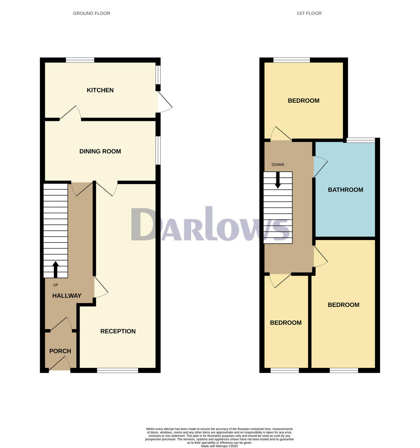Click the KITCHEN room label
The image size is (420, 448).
point(100,90)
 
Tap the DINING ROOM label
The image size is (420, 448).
point(100,151)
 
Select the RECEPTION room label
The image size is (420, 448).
point(118,331)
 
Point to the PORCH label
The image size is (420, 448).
point(60,351)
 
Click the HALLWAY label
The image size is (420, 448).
point(67,296)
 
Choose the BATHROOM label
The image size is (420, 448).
point(345,190)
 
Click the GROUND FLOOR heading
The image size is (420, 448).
point(91,13)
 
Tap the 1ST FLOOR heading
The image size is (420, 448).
point(309,13)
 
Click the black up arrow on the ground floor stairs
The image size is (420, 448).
point(56,269)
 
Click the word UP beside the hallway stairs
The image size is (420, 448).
point(56,285)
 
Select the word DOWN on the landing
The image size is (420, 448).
point(278,165)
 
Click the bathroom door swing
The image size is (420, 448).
point(320,166)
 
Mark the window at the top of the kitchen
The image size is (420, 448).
point(80,60)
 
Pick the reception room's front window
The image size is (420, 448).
point(118,370)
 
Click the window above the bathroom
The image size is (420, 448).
point(361,140)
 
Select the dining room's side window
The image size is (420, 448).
point(158,150)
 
